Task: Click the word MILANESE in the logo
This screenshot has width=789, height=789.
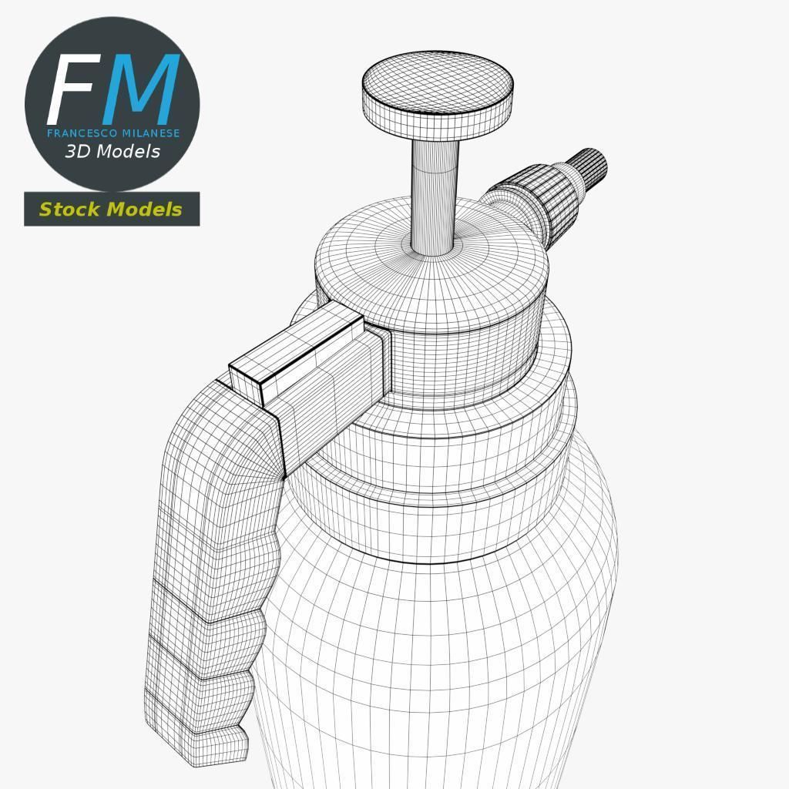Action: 149,133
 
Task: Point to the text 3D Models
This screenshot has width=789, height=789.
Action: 112,151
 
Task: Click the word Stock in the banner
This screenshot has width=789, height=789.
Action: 70,209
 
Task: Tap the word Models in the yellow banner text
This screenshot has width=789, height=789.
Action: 144,209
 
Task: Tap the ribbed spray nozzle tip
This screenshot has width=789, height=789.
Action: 589,166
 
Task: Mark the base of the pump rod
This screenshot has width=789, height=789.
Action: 434,245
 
